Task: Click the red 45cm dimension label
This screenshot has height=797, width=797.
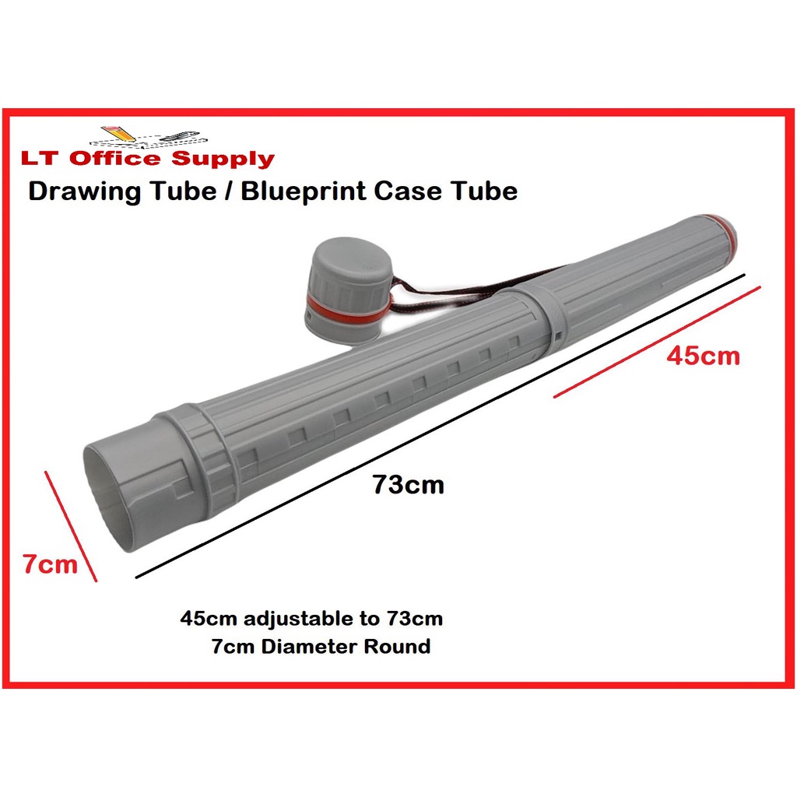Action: tap(703, 356)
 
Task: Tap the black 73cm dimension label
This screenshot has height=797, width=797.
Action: tap(408, 484)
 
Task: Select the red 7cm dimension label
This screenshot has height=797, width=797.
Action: tap(51, 564)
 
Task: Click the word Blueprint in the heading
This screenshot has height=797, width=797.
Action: tap(304, 192)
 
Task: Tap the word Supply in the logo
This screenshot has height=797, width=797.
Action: tap(223, 159)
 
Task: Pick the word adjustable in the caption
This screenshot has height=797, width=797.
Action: tap(298, 619)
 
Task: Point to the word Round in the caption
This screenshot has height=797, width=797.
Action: tap(398, 647)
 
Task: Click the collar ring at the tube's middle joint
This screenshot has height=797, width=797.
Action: tap(538, 314)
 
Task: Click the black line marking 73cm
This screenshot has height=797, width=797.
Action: tap(441, 426)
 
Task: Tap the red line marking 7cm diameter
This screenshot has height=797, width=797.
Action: tap(71, 526)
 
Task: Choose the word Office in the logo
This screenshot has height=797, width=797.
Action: tap(115, 158)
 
